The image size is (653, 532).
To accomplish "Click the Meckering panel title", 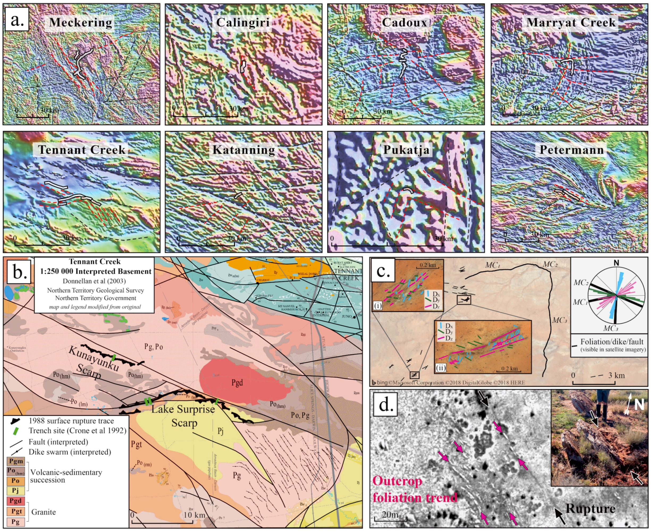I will [80, 22].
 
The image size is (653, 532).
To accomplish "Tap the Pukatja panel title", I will [406, 150].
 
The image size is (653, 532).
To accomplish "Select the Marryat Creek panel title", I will [571, 22].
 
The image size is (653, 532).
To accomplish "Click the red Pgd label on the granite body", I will [237, 382].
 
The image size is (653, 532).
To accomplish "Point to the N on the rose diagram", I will [616, 263].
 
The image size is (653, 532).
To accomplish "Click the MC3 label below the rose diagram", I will [610, 329].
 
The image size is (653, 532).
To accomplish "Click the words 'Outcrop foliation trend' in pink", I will [415, 489].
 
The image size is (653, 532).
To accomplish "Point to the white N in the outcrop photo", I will [639, 405].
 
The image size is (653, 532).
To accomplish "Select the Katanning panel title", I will [243, 150].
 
